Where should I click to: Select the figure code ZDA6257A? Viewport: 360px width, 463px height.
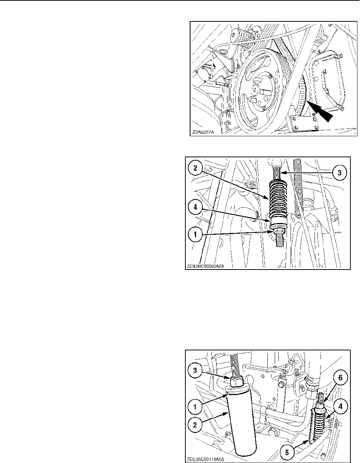click(x=203, y=132)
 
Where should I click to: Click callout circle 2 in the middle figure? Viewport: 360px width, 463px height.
click(x=195, y=168)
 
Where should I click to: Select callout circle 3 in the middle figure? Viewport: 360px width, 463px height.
click(x=340, y=172)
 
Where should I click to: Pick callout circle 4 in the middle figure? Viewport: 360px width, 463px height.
click(x=195, y=207)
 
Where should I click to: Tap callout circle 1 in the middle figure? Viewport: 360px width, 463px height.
click(x=195, y=234)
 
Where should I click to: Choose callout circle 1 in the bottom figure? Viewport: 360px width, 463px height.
click(x=195, y=407)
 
